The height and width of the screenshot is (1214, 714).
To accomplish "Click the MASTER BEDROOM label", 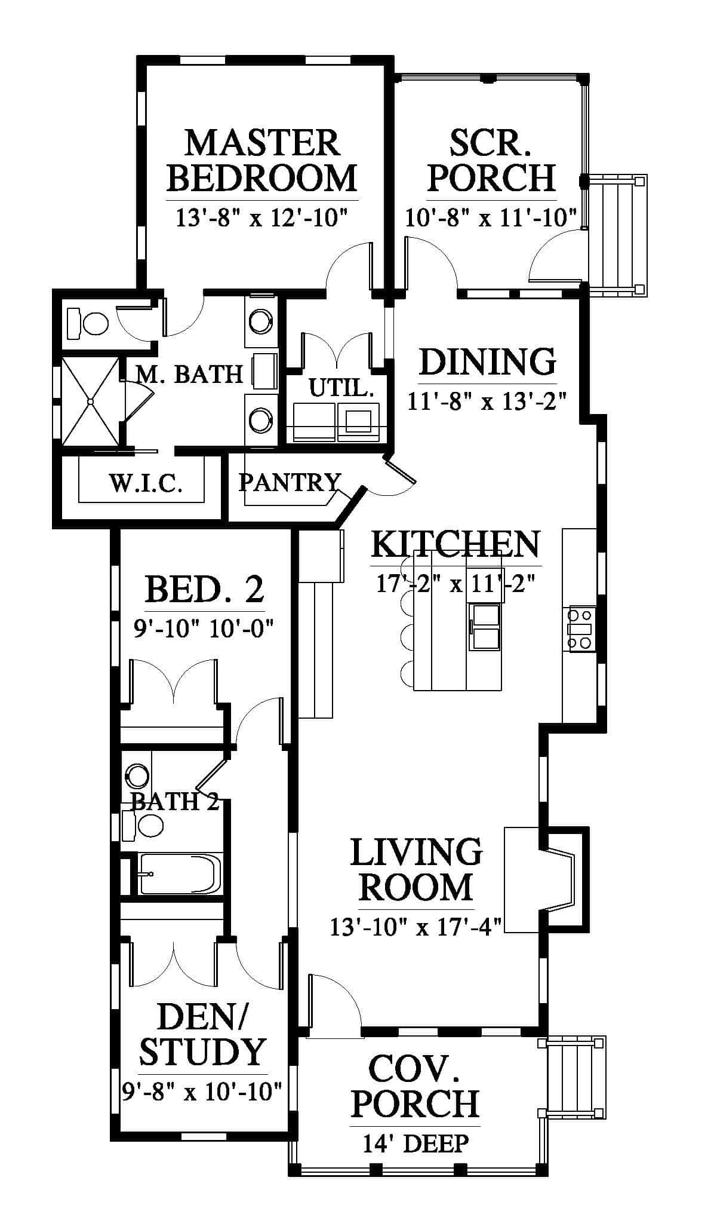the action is click(261, 160).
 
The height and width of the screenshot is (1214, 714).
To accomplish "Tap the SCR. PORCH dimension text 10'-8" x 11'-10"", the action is click(491, 217).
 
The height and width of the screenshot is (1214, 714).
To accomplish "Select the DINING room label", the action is click(487, 362).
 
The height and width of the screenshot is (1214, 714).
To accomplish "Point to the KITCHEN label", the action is click(456, 544).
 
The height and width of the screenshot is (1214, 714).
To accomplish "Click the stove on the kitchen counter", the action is click(580, 629).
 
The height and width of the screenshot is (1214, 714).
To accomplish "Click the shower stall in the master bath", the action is click(90, 401).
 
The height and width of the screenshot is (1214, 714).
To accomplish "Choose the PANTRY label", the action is click(290, 482).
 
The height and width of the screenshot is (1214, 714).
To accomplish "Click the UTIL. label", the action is click(341, 389).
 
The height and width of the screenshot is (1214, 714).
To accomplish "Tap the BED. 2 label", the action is click(204, 589).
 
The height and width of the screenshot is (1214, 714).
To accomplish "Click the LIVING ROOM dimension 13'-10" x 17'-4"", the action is click(416, 927).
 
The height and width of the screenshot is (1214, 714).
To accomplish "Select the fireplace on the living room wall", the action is click(547, 878).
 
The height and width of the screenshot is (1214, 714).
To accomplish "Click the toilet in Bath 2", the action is click(143, 825).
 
